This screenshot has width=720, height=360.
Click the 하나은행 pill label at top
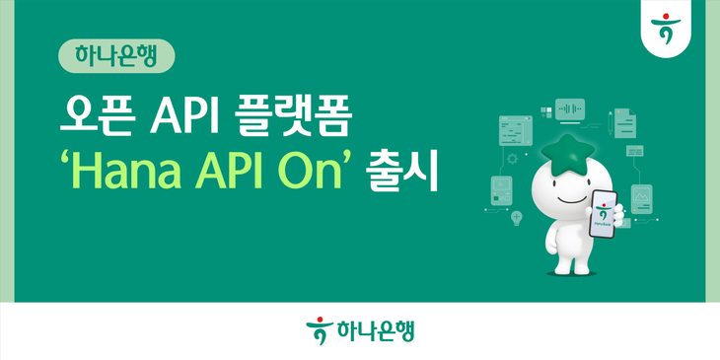click(116, 54)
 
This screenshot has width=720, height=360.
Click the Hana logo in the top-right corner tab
click(679, 26)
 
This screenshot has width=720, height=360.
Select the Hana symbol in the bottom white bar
click(316, 329)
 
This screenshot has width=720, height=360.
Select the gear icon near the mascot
click(513, 158)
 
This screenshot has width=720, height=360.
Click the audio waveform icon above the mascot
click(569, 108)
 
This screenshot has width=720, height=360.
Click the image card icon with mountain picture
click(641, 197)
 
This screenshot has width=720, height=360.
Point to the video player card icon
click(503, 189)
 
